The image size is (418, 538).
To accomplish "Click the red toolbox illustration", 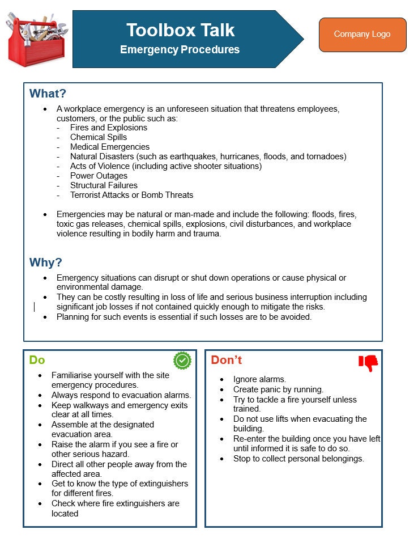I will pos(36,40).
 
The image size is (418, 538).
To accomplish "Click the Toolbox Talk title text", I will pos(180,29).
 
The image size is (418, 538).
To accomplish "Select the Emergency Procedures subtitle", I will pos(180,50).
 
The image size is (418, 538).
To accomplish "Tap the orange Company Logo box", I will pos(362,35).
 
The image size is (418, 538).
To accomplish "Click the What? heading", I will pos(48,94).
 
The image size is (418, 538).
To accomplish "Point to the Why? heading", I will pos(46,262).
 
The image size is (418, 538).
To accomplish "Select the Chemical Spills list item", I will pos(99,137).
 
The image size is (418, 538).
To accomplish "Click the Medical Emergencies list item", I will pos(110,147).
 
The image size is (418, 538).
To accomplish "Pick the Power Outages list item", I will pos(99,176).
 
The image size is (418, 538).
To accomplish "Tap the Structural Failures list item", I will pos(104,185).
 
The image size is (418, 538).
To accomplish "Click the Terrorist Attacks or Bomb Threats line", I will pos(131,195).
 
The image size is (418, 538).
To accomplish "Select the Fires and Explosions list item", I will pos(109,128).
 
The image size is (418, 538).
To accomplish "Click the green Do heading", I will pos(37,360).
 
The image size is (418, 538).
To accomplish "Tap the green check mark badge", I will pos(182,360).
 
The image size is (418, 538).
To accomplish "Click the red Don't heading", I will pos(227,360).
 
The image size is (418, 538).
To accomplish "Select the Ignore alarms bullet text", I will pos(259,379).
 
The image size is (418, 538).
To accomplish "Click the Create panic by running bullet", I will pos(278,389).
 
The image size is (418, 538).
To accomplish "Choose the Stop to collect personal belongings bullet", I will pos(298,459).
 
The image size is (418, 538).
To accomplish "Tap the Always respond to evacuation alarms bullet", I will pos(121,395).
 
